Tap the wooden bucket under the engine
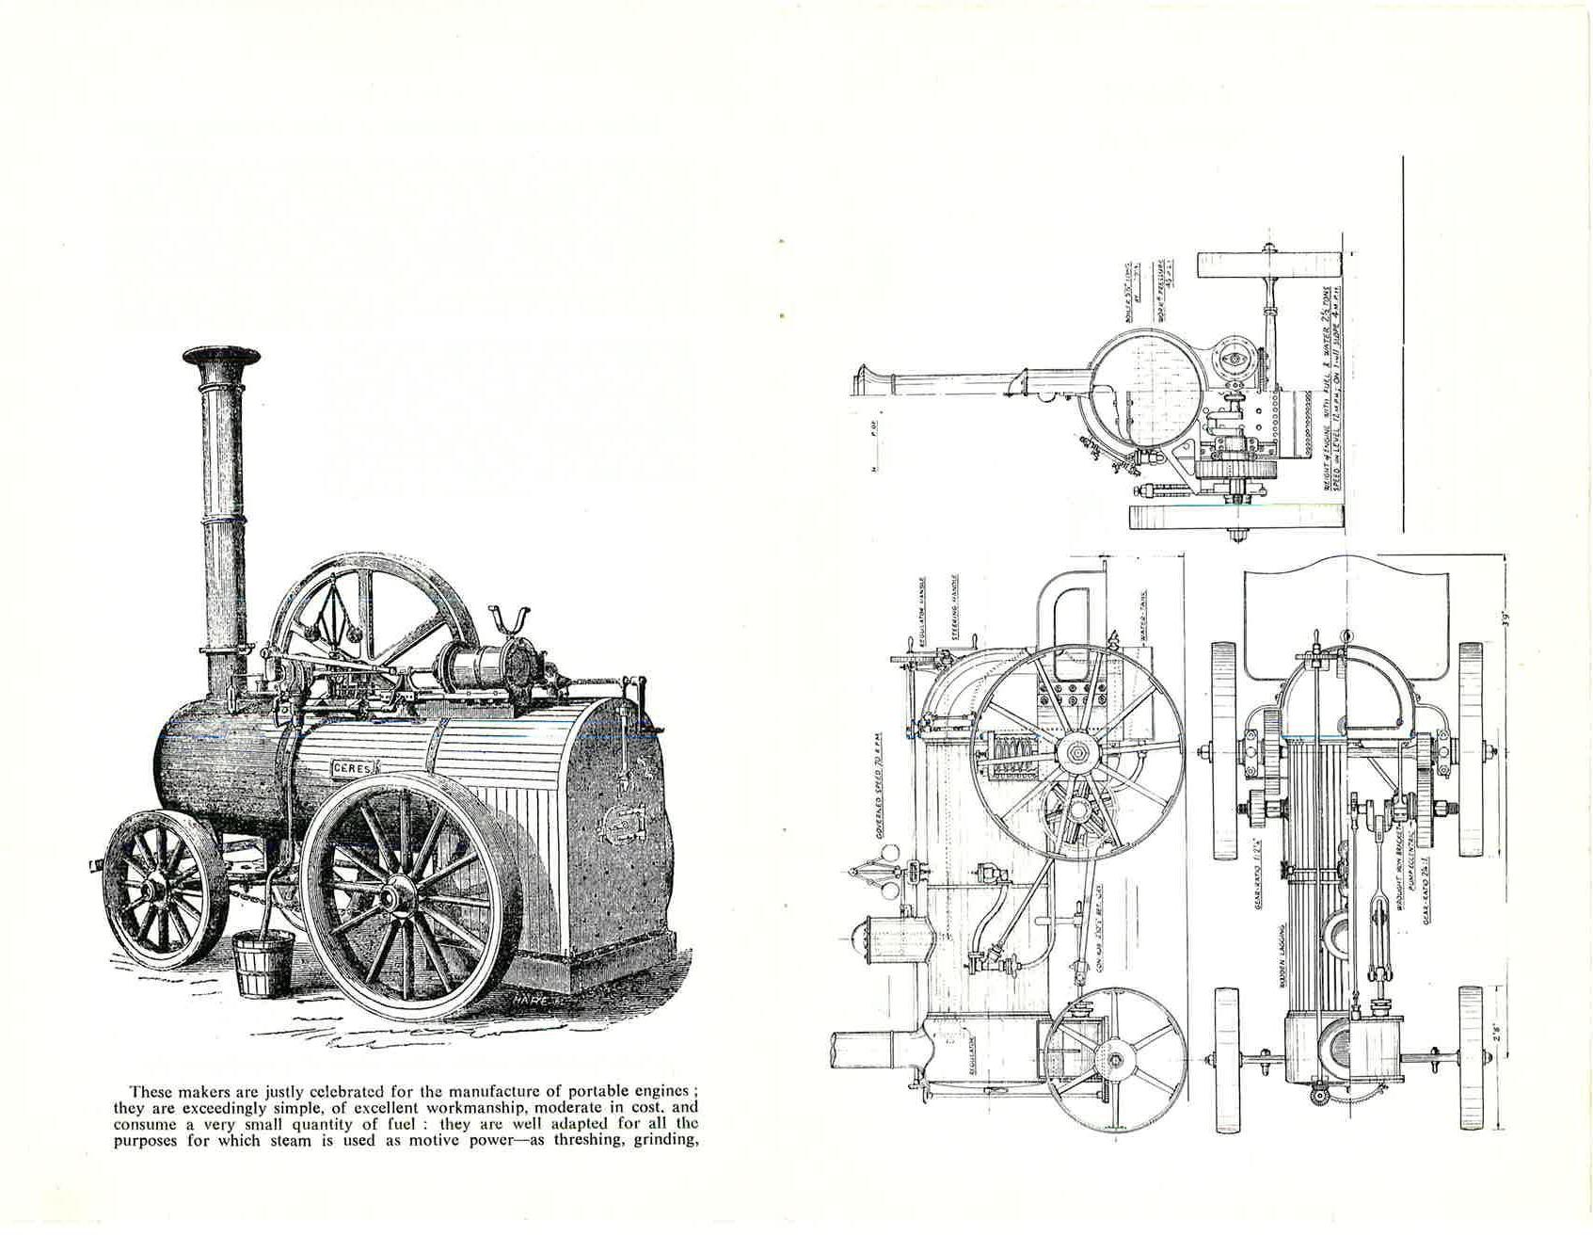point(263,963)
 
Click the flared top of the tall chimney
point(221,357)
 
